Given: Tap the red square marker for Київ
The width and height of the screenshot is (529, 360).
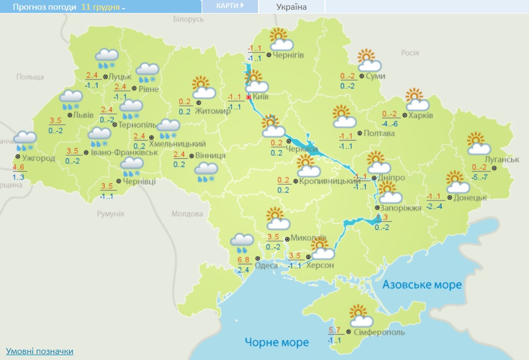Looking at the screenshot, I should [x=249, y=97].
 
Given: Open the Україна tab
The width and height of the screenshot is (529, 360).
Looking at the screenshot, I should [x=291, y=7].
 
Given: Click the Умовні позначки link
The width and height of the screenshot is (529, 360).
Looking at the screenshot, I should [x=39, y=351].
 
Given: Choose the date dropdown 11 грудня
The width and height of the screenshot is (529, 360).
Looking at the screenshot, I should [x=103, y=8].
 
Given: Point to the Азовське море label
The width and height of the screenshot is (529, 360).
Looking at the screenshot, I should [x=422, y=284].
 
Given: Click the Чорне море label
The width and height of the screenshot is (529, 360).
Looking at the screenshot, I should [x=276, y=342].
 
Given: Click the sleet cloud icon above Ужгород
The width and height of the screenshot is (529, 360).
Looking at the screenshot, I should [x=25, y=140].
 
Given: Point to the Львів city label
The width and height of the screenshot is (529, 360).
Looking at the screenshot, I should [x=83, y=115].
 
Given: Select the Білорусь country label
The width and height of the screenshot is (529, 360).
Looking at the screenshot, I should [x=188, y=19].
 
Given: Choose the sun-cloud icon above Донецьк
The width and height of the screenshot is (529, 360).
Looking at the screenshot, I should [x=458, y=182].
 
